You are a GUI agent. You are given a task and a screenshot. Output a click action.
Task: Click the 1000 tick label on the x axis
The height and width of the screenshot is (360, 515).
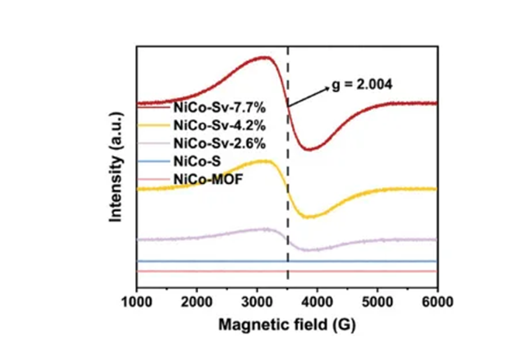136,302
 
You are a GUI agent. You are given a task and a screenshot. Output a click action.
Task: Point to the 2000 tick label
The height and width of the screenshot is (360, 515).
197,302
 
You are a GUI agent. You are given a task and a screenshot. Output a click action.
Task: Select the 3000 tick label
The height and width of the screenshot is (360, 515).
257,302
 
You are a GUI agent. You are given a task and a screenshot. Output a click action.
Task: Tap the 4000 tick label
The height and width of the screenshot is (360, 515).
317,302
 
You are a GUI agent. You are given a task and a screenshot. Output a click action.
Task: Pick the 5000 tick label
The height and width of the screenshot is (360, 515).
377,302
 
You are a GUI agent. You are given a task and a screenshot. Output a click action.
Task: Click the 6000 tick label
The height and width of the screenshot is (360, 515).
437,302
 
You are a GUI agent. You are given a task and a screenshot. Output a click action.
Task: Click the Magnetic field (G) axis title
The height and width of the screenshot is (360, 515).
287,325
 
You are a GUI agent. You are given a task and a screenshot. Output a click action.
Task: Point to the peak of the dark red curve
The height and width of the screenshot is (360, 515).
266,57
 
